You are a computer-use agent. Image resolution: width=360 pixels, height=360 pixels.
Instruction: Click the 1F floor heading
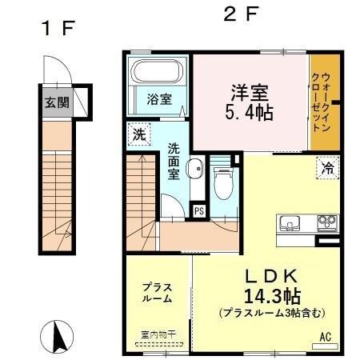[x=58, y=29]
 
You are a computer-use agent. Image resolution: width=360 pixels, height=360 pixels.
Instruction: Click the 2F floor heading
[x=238, y=15]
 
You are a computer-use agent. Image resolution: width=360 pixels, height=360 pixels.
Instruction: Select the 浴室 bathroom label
[x=158, y=99]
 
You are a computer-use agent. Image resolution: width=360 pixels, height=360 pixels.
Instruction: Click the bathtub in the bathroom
[x=158, y=72]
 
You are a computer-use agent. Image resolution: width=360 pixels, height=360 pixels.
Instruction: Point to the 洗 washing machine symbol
[x=137, y=135]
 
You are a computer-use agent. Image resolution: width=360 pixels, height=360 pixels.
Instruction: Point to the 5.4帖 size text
[x=250, y=113]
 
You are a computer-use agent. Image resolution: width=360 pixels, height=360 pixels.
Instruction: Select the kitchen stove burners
[x=326, y=222]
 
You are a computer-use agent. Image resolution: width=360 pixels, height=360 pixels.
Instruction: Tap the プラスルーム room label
[x=158, y=293]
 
